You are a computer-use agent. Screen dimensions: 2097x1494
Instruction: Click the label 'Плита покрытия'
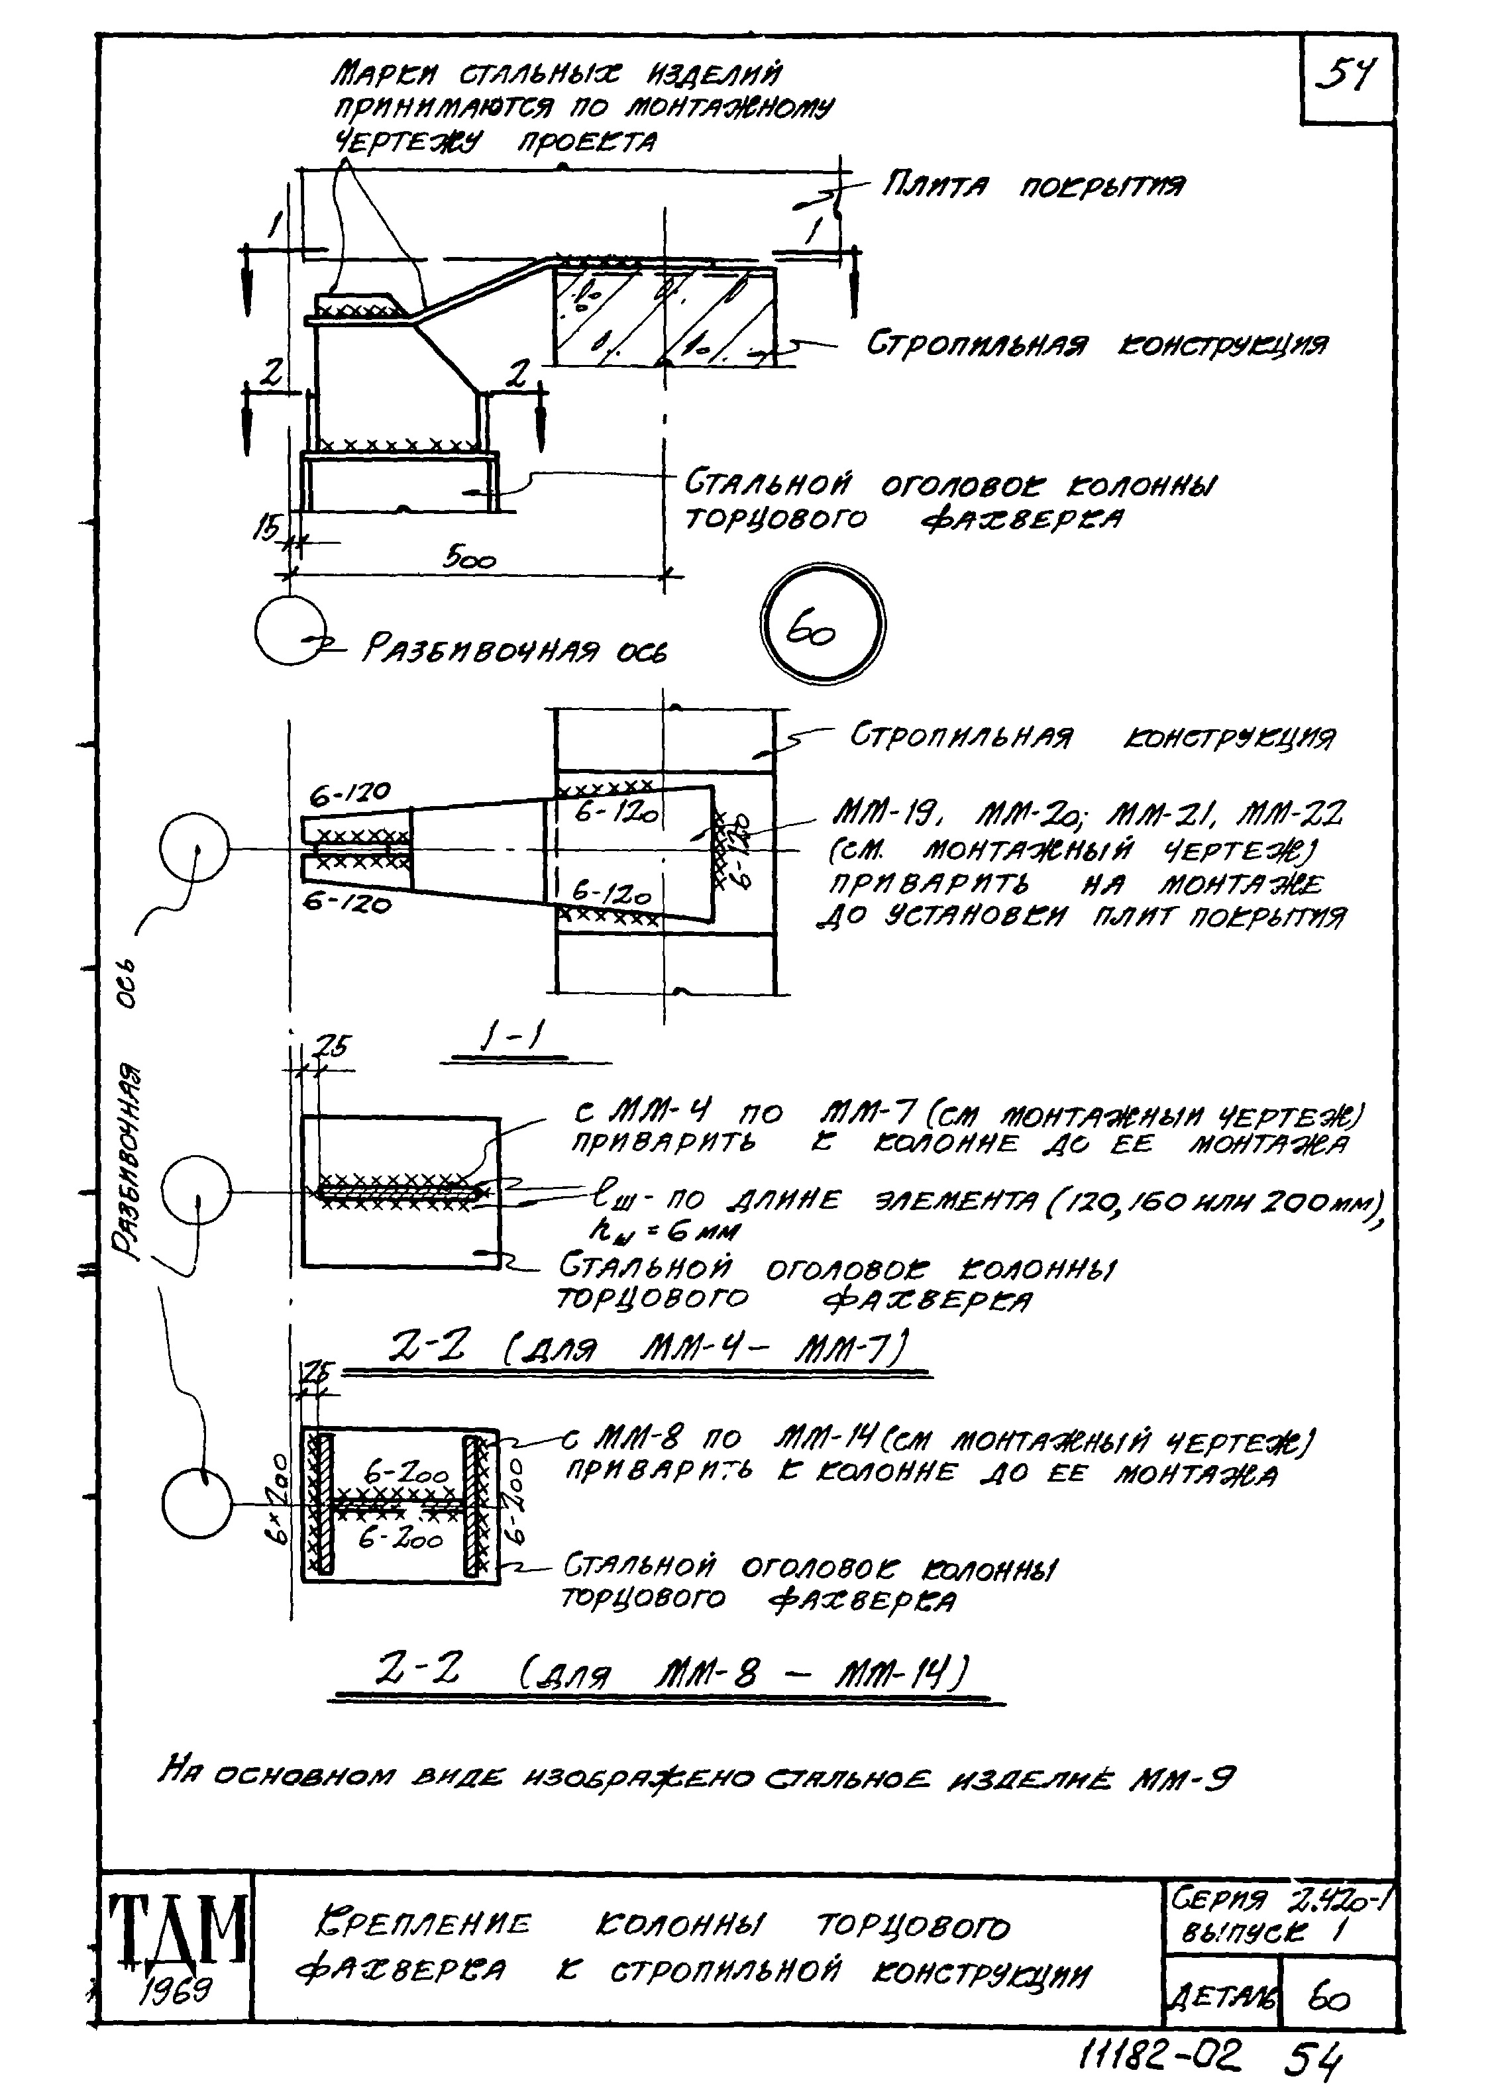coord(1032,187)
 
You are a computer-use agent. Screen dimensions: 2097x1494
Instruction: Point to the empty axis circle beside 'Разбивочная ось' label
coord(288,629)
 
